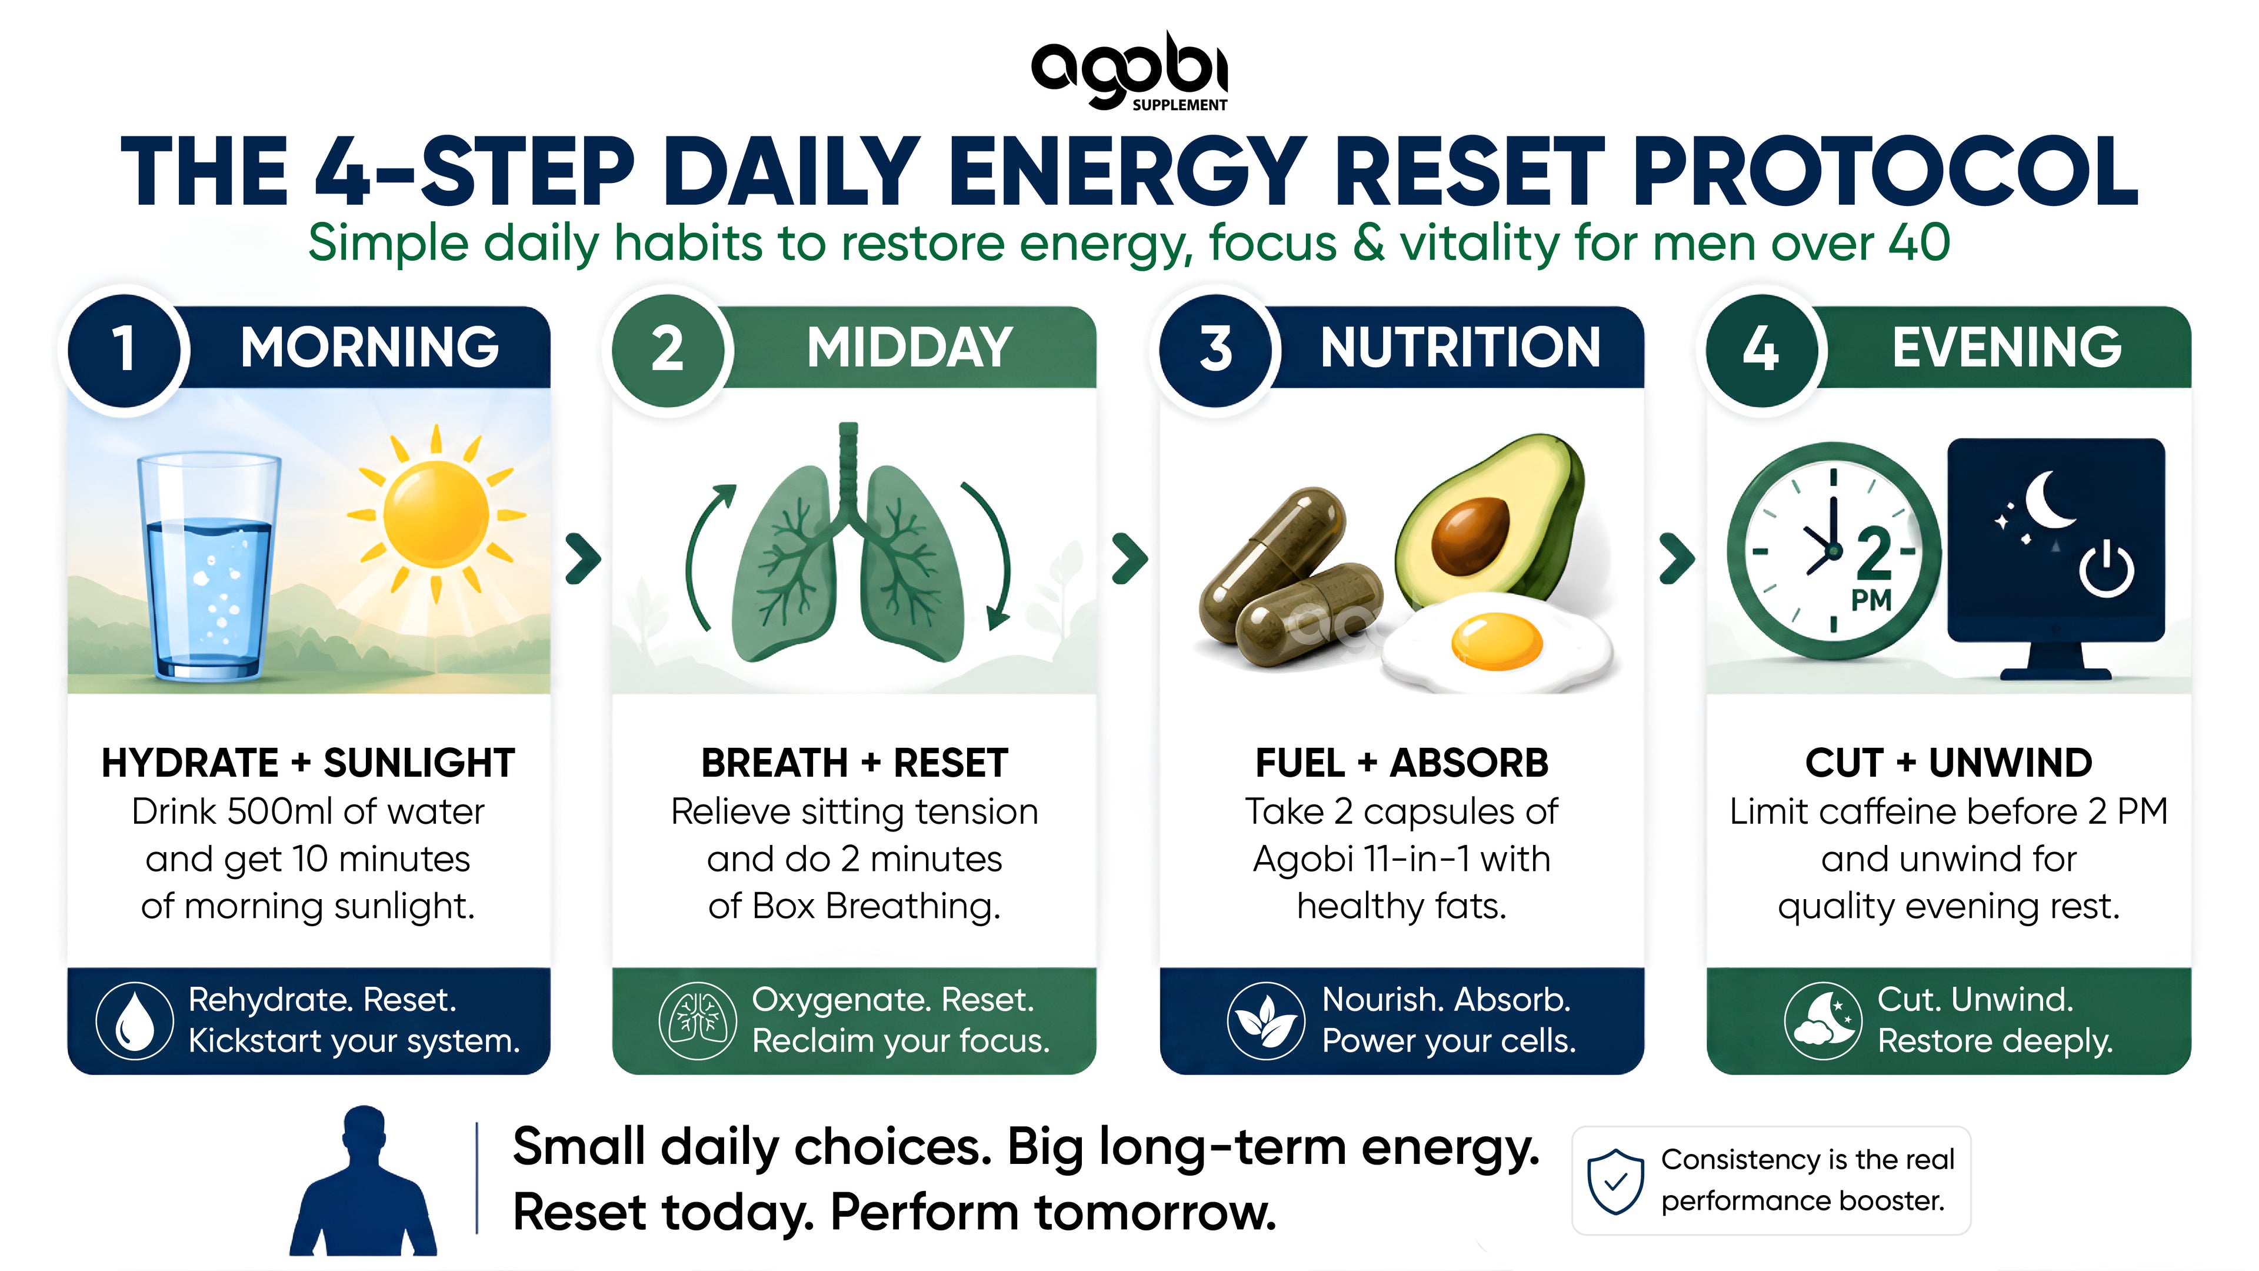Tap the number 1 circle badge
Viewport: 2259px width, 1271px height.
[125, 349]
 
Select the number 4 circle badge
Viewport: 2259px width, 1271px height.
[1760, 349]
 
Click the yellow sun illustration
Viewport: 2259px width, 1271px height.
[436, 514]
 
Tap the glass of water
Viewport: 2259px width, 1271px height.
[209, 567]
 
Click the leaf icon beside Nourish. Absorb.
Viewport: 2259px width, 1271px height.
[1265, 1020]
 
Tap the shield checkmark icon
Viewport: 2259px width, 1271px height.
[1615, 1180]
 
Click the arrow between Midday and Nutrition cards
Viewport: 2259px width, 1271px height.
[1129, 558]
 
